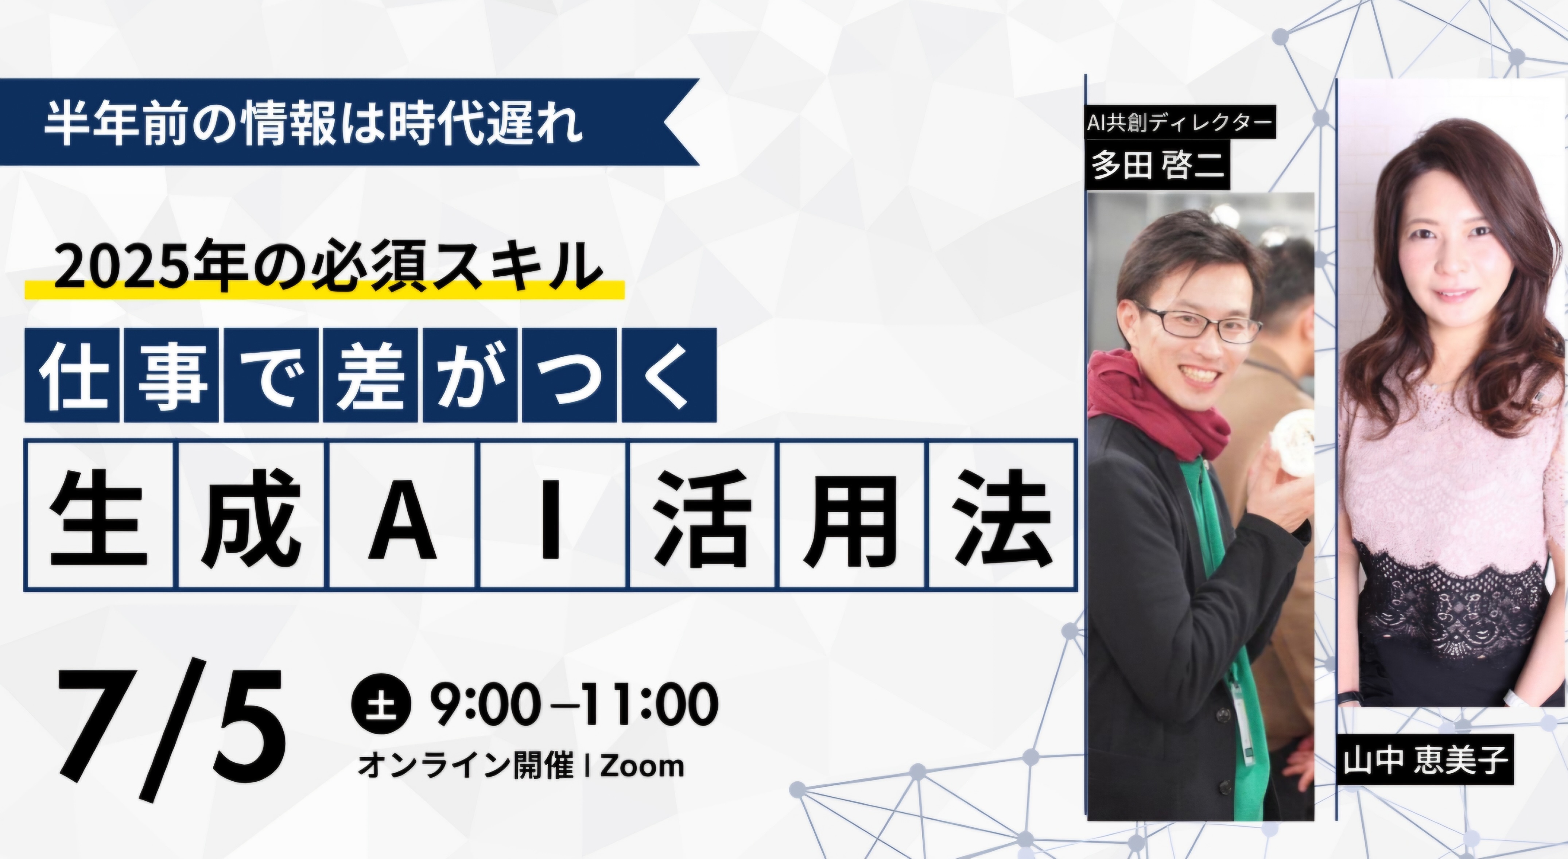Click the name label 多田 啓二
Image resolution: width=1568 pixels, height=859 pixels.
tap(1157, 164)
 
